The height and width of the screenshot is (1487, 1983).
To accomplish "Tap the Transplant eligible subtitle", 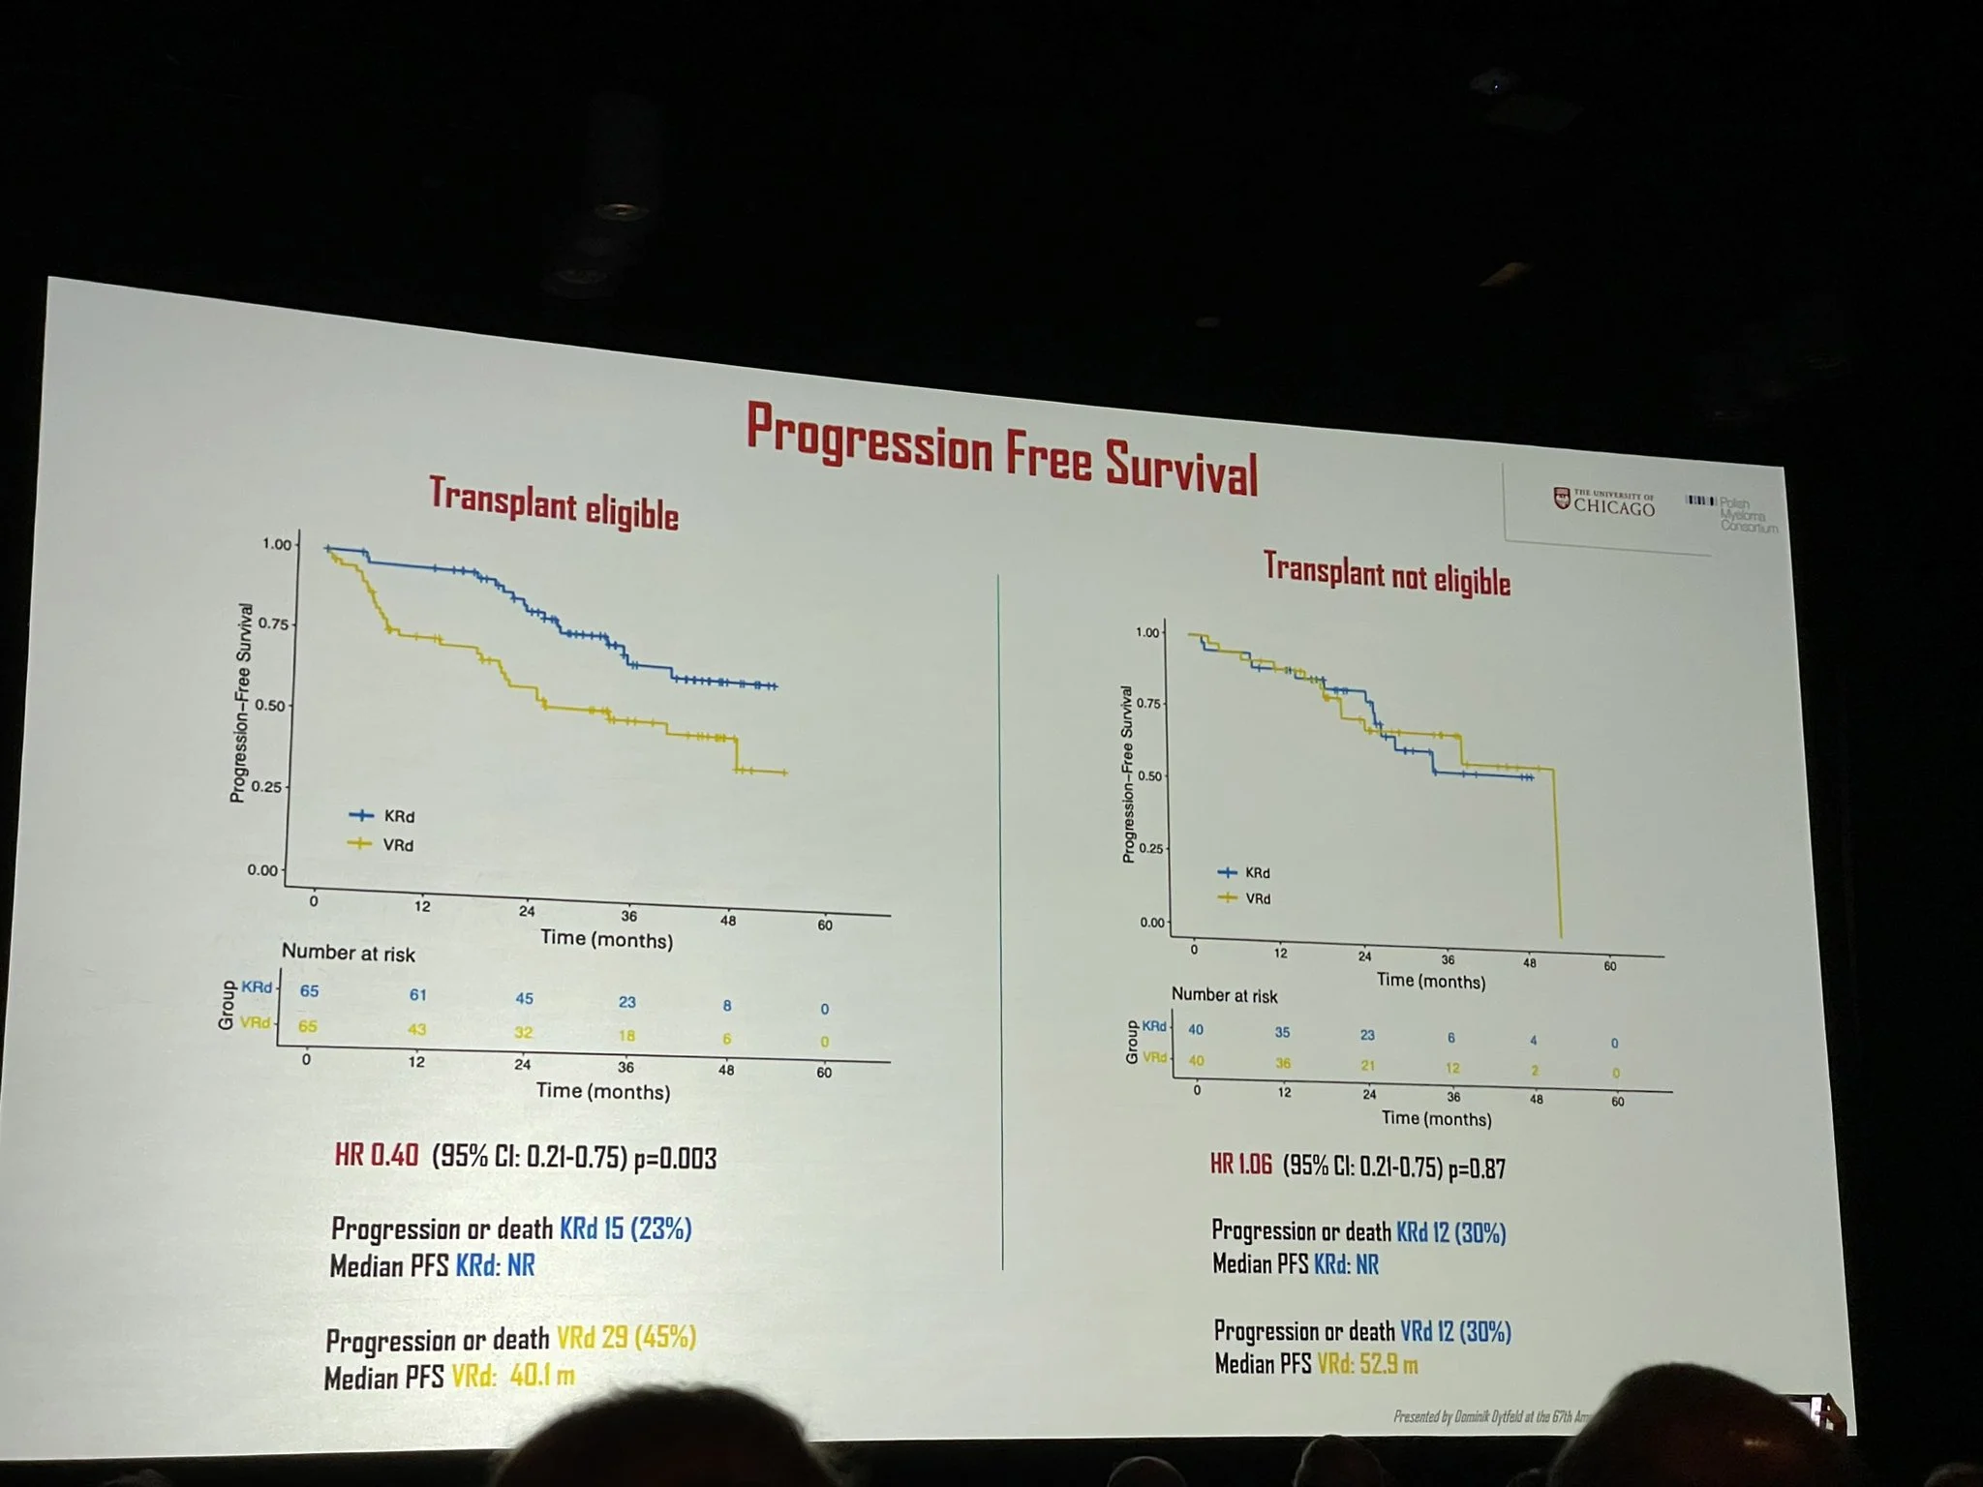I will point(554,504).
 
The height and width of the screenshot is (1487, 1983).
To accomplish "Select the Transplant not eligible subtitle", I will point(1387,573).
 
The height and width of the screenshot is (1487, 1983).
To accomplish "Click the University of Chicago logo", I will point(1604,501).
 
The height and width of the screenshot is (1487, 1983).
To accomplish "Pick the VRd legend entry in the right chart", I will point(1246,898).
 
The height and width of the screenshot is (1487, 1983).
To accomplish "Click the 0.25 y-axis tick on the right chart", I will point(1150,849).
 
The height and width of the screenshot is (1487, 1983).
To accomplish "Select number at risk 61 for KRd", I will point(417,995).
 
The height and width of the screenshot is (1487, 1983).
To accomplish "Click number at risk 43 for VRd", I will point(416,1029).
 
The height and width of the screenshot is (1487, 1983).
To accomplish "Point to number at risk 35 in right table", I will point(1282,1033).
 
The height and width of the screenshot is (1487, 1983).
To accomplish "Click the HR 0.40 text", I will point(377,1155).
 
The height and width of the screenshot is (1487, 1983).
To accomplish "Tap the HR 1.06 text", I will point(1240,1165).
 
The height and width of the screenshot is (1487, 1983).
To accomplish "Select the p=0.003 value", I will point(675,1159).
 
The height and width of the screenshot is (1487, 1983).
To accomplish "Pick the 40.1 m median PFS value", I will point(541,1375).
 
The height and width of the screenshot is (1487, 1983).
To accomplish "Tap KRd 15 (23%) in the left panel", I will point(625,1229).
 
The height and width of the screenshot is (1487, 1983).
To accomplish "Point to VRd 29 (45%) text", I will point(625,1338).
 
